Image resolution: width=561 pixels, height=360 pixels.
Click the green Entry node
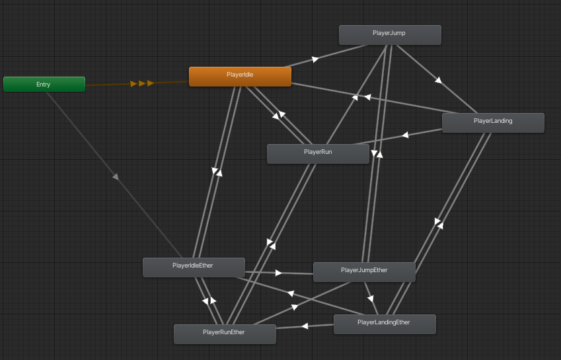pyautogui.click(x=44, y=85)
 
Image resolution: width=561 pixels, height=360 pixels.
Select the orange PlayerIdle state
pyautogui.click(x=240, y=77)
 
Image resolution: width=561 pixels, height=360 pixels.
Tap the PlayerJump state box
pyautogui.click(x=390, y=34)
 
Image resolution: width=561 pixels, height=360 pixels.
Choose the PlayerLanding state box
pyautogui.click(x=493, y=122)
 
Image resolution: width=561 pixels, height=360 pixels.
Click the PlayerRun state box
pyautogui.click(x=318, y=153)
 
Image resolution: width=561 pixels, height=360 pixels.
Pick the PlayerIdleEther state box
pyautogui.click(x=194, y=267)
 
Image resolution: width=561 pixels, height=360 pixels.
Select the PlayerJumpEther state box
pyautogui.click(x=364, y=271)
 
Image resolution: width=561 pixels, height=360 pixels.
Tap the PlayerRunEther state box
pyautogui.click(x=225, y=334)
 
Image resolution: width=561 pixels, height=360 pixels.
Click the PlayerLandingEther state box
pyautogui.click(x=385, y=324)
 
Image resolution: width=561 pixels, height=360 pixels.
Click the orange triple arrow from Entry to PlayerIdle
pyautogui.click(x=142, y=83)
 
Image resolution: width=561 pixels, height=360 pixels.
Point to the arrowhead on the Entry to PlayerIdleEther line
pyautogui.click(x=115, y=176)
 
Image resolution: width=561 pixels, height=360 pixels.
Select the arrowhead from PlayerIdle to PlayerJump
pyautogui.click(x=315, y=59)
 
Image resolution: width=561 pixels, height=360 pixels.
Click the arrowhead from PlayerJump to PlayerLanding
pyautogui.click(x=437, y=81)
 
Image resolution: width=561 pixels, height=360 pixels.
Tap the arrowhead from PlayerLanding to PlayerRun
pyautogui.click(x=405, y=135)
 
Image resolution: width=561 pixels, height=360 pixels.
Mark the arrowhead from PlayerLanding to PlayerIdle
pyautogui.click(x=367, y=97)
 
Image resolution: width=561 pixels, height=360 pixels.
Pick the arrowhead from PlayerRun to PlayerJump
pyautogui.click(x=355, y=98)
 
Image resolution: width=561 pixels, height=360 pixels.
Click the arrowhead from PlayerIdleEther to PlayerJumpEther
pyautogui.click(x=279, y=272)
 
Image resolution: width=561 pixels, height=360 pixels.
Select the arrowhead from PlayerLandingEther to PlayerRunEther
pyautogui.click(x=305, y=326)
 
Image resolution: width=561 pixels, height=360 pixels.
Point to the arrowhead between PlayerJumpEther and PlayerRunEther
pyautogui.click(x=294, y=307)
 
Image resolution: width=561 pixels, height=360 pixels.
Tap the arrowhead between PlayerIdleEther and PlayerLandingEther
pyautogui.click(x=290, y=293)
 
